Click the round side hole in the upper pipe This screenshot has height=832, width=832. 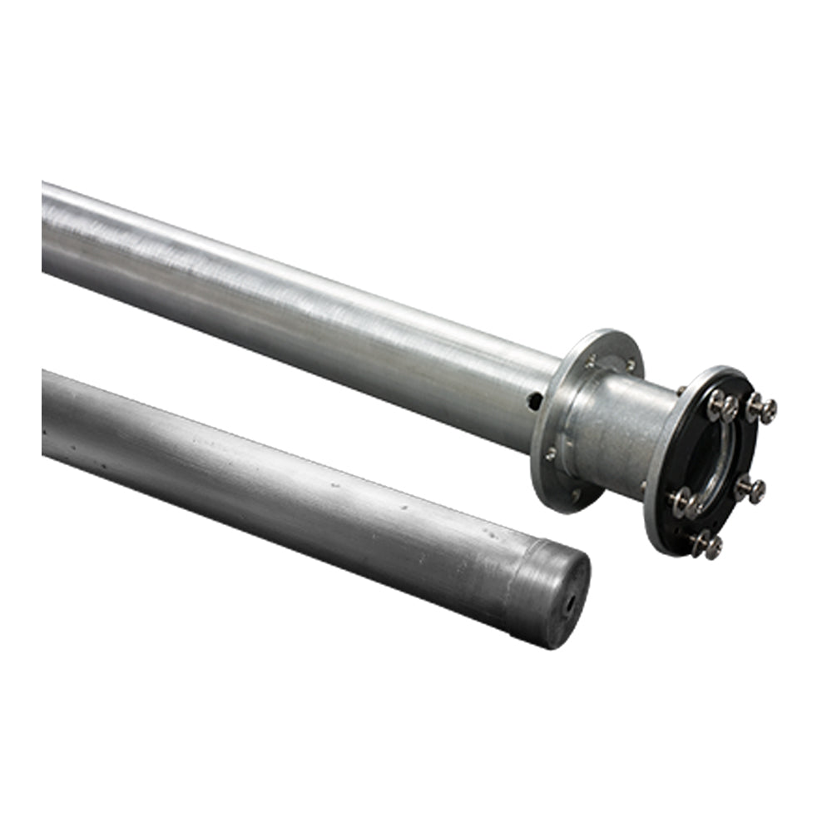[535, 401]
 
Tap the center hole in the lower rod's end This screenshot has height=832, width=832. [571, 605]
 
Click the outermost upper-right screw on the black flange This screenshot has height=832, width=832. [762, 409]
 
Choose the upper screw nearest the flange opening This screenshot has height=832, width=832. [722, 405]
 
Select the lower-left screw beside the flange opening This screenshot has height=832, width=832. [684, 502]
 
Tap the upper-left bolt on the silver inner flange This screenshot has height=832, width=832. [590, 361]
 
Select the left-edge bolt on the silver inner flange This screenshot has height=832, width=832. [549, 454]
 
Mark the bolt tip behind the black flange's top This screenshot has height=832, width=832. [680, 389]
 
